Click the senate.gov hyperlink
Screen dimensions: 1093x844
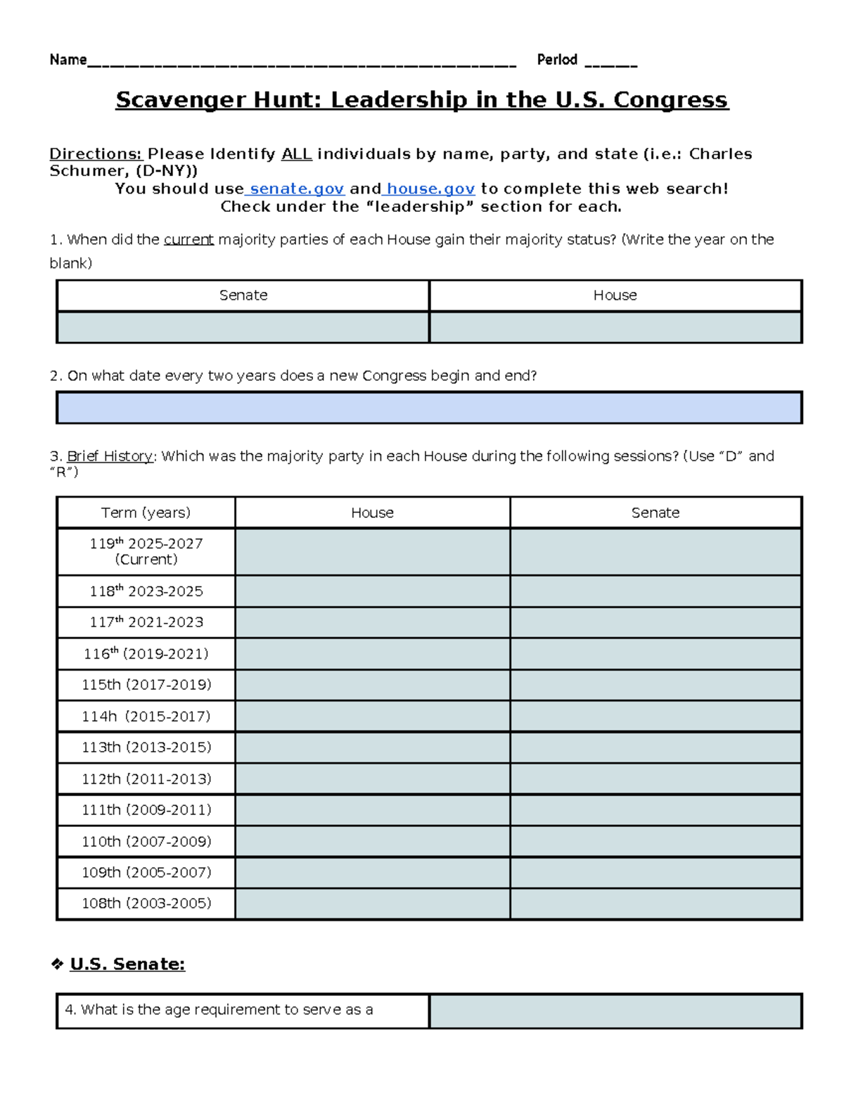tap(297, 189)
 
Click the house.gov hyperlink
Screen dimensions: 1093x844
tap(430, 189)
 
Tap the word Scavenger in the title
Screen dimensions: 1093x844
tap(181, 100)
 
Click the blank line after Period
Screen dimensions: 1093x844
tap(610, 62)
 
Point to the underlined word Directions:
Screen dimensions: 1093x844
tap(96, 154)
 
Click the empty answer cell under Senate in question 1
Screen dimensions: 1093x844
tap(243, 327)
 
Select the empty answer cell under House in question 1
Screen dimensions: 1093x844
tap(615, 327)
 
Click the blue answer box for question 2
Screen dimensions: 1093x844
tap(429, 407)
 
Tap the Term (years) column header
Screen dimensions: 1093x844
tap(146, 512)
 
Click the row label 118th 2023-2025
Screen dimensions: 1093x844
tap(146, 591)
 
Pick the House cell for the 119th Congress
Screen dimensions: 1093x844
tap(372, 552)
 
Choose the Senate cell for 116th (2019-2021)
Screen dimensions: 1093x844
tap(656, 654)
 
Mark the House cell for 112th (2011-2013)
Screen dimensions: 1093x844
tap(372, 779)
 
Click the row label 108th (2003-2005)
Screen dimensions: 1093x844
tap(146, 904)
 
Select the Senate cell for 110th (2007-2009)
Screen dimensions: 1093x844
tap(656, 841)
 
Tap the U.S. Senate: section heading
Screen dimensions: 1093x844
tap(127, 964)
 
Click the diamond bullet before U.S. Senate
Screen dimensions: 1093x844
tap(57, 964)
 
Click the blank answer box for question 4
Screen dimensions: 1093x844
tap(615, 1011)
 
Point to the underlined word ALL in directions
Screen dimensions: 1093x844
tap(296, 154)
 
